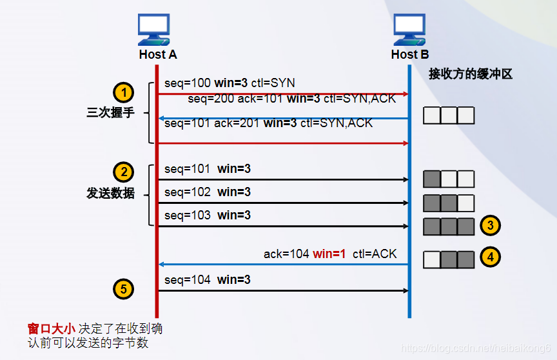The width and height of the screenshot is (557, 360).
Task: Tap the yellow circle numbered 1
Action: click(124, 92)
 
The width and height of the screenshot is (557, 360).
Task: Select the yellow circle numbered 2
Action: click(124, 172)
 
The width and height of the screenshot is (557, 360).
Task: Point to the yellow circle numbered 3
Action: click(491, 225)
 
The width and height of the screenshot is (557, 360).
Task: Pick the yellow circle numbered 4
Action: click(491, 257)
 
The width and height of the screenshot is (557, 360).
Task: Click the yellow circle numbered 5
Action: click(124, 288)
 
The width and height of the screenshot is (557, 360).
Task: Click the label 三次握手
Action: click(110, 113)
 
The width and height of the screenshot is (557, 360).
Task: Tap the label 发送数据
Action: click(110, 193)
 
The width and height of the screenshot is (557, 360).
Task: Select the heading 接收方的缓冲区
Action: click(470, 74)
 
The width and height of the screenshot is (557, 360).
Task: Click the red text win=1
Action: click(330, 254)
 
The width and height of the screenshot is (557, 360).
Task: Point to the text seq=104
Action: click(187, 280)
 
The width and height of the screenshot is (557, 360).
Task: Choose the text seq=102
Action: click(187, 192)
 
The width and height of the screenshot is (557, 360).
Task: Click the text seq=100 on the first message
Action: click(187, 83)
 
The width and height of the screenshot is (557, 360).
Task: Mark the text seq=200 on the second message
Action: click(211, 99)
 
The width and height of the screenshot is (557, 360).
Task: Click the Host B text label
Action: click(409, 55)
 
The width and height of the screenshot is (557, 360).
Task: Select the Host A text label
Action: click(157, 55)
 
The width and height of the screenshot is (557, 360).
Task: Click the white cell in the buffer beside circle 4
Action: click(432, 259)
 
